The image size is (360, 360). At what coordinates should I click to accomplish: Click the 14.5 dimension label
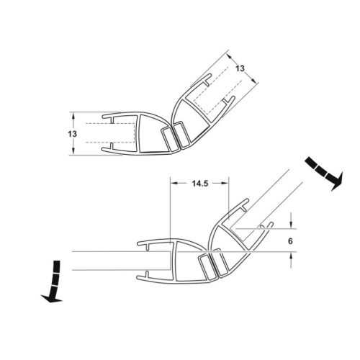click(x=200, y=184)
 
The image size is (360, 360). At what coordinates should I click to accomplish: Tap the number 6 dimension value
click(x=290, y=241)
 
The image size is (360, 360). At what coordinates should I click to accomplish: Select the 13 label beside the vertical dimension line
click(x=72, y=134)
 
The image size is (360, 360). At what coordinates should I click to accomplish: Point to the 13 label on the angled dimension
click(x=240, y=68)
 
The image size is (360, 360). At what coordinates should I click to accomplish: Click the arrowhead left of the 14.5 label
click(x=174, y=184)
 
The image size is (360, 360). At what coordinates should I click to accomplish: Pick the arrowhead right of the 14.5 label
click(x=225, y=184)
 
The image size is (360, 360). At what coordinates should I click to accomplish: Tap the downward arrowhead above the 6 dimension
click(x=291, y=225)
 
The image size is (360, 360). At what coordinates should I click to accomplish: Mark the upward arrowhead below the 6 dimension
click(x=291, y=256)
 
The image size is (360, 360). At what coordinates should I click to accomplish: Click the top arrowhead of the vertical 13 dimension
click(x=73, y=116)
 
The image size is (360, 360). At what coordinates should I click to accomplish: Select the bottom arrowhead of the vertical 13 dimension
click(x=73, y=151)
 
